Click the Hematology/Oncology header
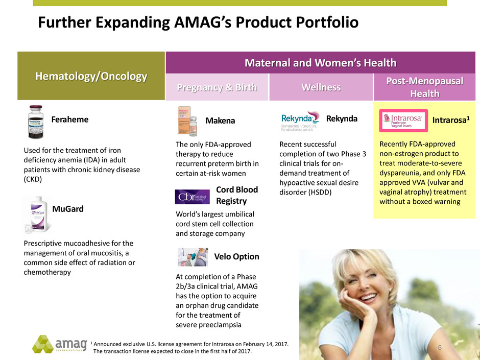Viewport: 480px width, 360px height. click(x=91, y=76)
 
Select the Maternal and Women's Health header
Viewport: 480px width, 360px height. click(x=320, y=63)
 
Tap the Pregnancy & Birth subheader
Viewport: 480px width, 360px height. click(x=217, y=87)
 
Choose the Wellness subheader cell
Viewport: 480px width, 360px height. click(x=321, y=87)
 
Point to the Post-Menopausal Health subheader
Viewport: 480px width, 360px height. click(x=424, y=87)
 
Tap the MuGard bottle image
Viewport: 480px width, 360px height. click(x=38, y=213)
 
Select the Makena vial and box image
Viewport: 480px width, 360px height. click(x=187, y=122)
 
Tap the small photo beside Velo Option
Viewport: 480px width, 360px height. click(x=193, y=257)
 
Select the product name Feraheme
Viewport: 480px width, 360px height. click(x=70, y=119)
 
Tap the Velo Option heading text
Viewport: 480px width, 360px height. click(x=236, y=256)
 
